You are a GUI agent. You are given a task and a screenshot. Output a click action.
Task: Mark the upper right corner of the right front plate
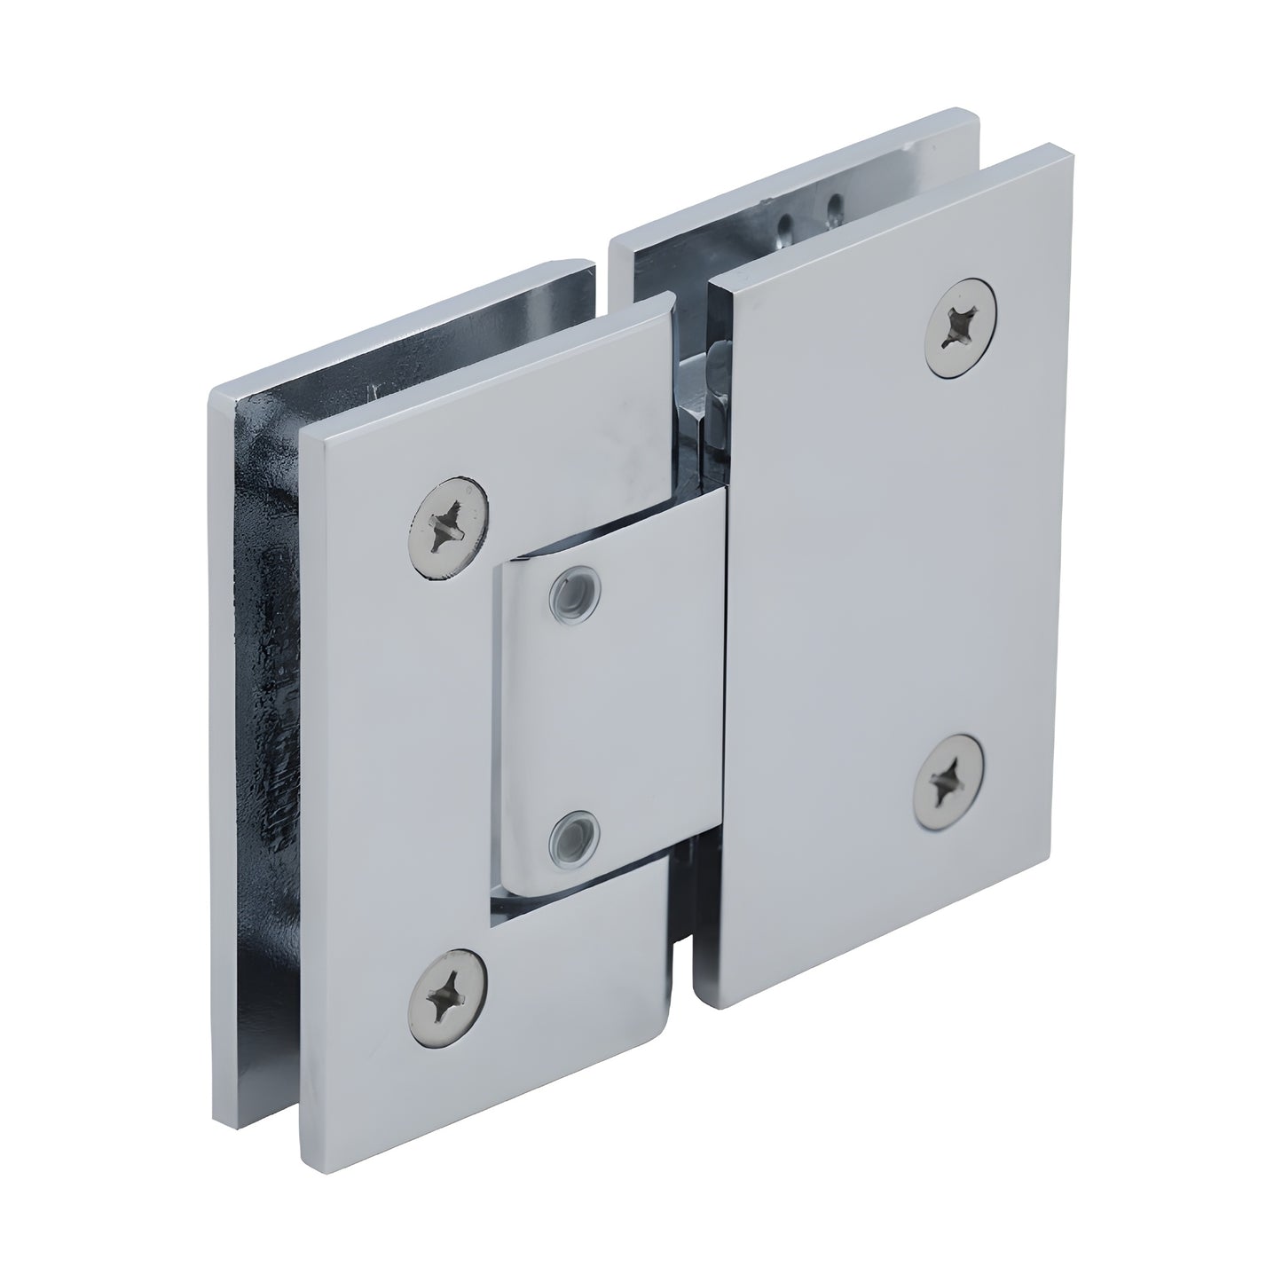(1065, 151)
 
